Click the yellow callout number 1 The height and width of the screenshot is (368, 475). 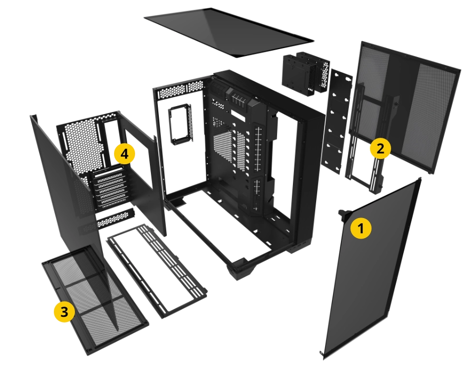[360, 228]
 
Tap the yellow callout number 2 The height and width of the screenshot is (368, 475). [380, 148]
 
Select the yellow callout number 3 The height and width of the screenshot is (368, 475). [64, 312]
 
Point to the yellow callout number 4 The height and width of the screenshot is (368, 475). [124, 154]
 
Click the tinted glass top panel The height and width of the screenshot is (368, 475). [229, 32]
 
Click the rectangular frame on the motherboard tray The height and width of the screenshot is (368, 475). [181, 123]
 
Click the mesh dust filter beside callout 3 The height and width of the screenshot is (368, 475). [96, 299]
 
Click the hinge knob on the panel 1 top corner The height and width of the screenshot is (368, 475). [343, 213]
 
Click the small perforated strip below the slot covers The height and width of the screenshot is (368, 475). [115, 218]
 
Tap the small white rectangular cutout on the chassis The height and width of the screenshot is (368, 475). [239, 114]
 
